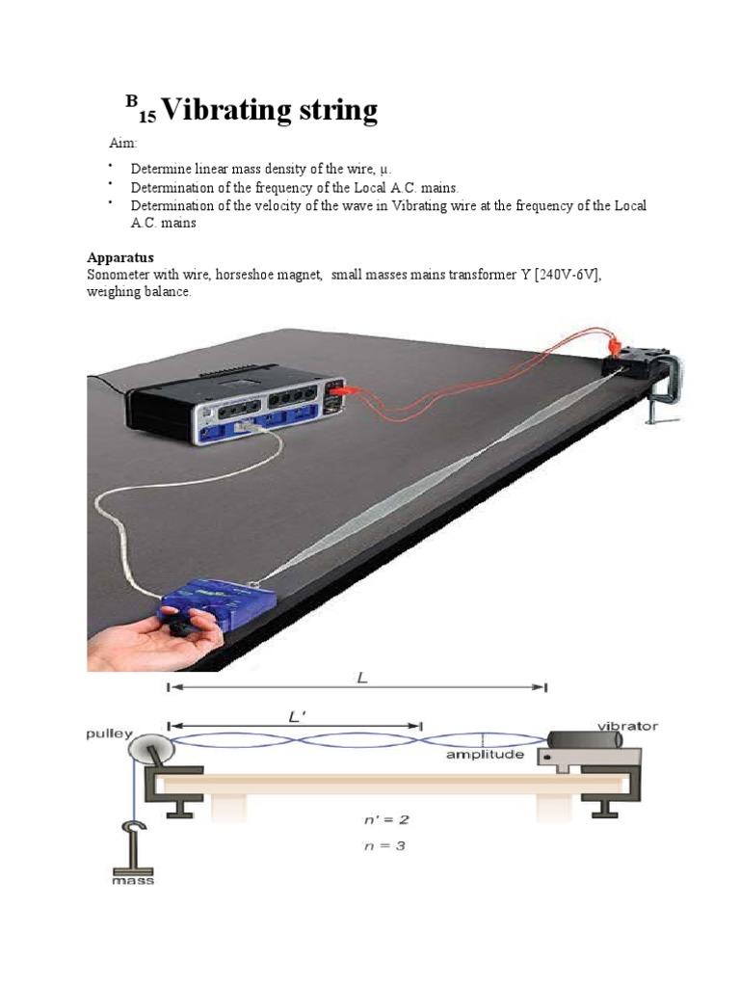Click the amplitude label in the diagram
tap(485, 755)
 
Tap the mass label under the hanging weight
tap(132, 880)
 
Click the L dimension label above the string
tap(361, 678)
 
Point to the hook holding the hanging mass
tap(132, 830)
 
